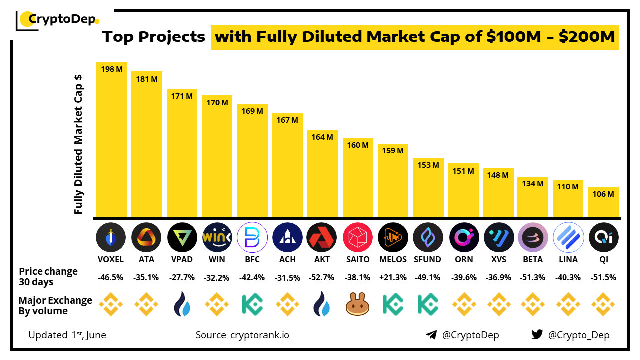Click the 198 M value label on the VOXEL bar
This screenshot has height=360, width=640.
(x=112, y=70)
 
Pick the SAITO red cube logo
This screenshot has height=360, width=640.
(x=358, y=237)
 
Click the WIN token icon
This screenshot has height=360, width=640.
(x=217, y=237)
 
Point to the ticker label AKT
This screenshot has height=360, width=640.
(x=322, y=259)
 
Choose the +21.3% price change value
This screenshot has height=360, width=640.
(x=393, y=278)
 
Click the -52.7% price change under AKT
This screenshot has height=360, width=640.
(x=322, y=278)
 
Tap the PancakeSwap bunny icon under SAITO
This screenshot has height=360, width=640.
(x=358, y=304)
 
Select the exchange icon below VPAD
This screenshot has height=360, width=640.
(x=182, y=304)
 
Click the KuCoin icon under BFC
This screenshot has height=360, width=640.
(x=252, y=304)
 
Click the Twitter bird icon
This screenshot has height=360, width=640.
(x=537, y=335)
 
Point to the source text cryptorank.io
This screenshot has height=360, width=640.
(x=259, y=335)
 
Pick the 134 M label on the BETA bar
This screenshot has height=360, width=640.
(x=533, y=184)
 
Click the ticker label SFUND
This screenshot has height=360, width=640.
(x=428, y=259)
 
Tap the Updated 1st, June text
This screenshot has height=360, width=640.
(x=67, y=335)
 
